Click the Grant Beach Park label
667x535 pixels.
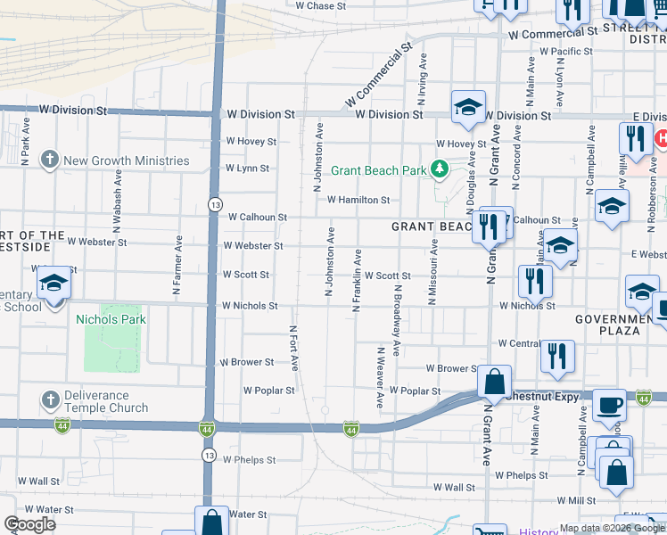click(x=379, y=170)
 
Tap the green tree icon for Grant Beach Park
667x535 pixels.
click(x=438, y=169)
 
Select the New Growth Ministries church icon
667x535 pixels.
click(x=50, y=160)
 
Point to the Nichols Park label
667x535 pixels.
click(x=111, y=319)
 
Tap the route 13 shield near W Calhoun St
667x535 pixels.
click(x=215, y=205)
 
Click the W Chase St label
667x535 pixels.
click(x=321, y=5)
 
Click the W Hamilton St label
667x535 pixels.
click(x=359, y=201)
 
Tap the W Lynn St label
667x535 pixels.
click(x=247, y=168)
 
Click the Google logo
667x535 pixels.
click(x=30, y=524)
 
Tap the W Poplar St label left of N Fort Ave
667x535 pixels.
click(x=269, y=391)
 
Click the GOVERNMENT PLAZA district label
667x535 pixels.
click(x=620, y=325)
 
